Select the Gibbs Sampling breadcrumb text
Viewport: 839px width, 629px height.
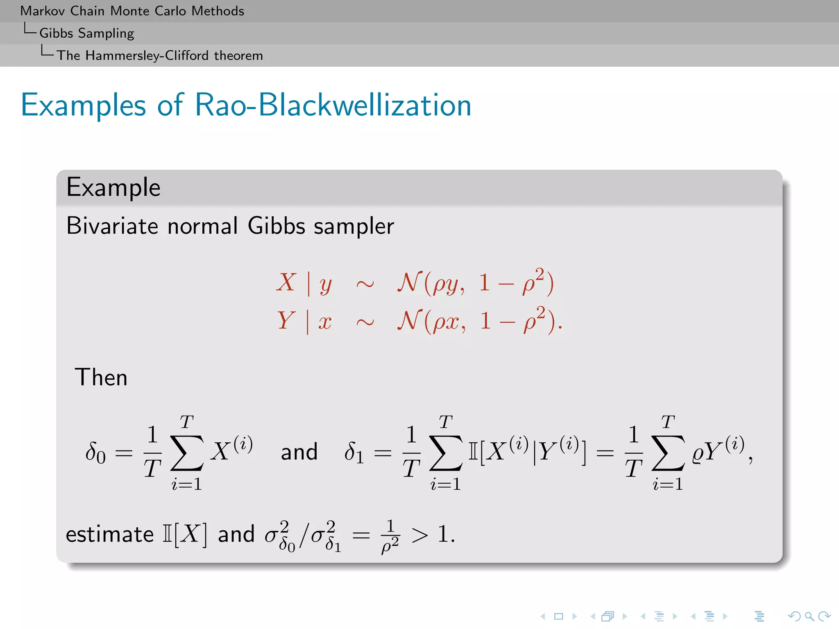pyautogui.click(x=86, y=33)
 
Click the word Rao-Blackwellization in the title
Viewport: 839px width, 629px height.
pyautogui.click(x=333, y=105)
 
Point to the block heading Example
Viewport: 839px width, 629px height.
pyautogui.click(x=113, y=188)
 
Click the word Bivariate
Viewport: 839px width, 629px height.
pyautogui.click(x=112, y=226)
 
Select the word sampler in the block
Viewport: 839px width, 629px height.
pyautogui.click(x=354, y=226)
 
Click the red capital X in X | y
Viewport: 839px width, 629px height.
pyautogui.click(x=286, y=283)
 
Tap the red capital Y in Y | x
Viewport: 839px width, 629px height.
pyautogui.click(x=286, y=320)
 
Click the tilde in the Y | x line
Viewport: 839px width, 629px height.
pyautogui.click(x=365, y=322)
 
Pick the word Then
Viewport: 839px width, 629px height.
pyautogui.click(x=101, y=377)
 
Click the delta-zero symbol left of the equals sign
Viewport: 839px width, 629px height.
pyautogui.click(x=95, y=453)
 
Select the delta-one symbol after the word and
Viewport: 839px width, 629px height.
pyautogui.click(x=354, y=453)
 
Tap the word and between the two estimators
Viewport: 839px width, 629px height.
pyautogui.click(x=299, y=452)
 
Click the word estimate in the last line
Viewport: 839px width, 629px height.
pyautogui.click(x=109, y=534)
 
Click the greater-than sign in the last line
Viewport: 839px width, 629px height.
pyautogui.click(x=420, y=535)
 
